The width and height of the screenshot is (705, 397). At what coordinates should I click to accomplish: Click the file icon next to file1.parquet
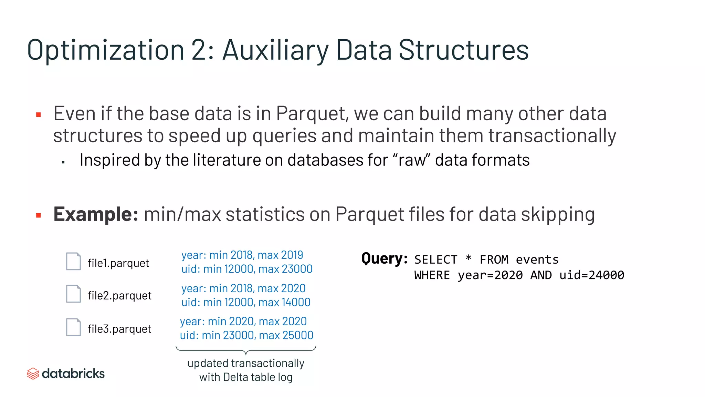[73, 261]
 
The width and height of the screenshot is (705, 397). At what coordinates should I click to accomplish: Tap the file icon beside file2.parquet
[73, 294]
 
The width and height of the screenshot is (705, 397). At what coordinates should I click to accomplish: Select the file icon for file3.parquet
[73, 327]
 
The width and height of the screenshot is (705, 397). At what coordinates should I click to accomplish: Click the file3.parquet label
[119, 329]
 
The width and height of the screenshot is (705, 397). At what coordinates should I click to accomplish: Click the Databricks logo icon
[33, 374]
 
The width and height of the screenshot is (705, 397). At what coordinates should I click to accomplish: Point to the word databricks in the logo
[73, 374]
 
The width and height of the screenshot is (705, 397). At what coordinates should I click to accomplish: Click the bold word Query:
[385, 258]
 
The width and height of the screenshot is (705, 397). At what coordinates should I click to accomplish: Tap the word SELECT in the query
[436, 259]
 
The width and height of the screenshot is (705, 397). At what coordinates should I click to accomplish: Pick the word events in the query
[537, 259]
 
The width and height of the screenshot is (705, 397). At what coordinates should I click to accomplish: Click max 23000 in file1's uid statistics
[285, 269]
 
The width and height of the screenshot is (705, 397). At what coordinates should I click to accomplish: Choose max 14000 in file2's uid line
[284, 302]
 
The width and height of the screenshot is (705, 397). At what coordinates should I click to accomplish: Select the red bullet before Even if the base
[39, 115]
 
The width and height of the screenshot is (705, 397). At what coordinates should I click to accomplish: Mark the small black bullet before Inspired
[63, 162]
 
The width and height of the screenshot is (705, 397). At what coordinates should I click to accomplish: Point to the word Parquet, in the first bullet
[312, 114]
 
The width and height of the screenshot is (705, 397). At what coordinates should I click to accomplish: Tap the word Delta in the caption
[236, 377]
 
